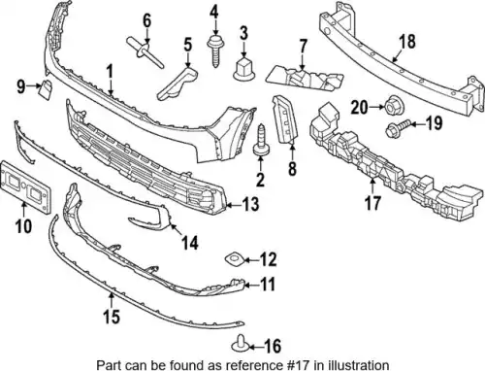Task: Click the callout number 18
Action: pos(407,42)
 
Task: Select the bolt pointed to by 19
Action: pos(399,127)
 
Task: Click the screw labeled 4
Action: pos(214,51)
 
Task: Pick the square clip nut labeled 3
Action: pos(243,69)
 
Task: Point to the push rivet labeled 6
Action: pos(144,51)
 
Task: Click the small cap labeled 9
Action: pos(45,89)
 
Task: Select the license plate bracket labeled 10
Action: pos(26,186)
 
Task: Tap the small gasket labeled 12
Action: pos(234,259)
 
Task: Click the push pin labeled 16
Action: pos(240,345)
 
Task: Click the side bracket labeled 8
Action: pos(285,118)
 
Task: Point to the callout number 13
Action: pos(251,204)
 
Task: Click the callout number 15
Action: pos(112,316)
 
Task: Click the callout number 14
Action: pos(189,243)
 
